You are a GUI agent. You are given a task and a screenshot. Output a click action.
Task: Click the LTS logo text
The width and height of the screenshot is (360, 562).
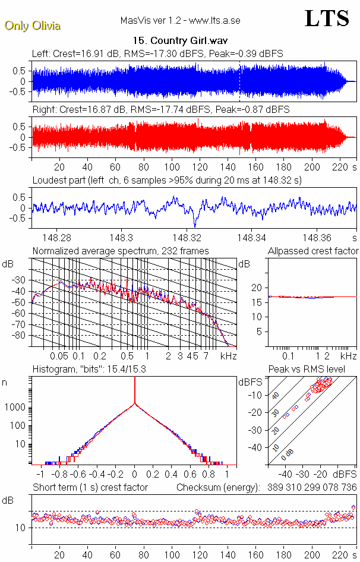click(327, 18)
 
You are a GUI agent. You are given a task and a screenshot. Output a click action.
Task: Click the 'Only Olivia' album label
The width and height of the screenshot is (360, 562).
click(32, 26)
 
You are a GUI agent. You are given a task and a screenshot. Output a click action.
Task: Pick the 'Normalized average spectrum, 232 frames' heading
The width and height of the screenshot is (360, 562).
click(121, 251)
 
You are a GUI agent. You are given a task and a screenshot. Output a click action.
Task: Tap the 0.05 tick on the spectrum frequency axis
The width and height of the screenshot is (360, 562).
click(59, 356)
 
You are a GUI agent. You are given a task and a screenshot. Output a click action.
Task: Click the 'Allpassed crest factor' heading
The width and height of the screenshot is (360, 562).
click(313, 251)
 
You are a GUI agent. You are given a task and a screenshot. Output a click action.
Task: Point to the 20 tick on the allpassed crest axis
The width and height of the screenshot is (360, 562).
click(257, 288)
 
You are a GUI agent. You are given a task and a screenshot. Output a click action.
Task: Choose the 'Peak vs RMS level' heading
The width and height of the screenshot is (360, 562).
click(315, 370)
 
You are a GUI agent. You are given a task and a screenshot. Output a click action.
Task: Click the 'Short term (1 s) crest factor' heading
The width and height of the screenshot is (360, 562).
click(90, 487)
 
